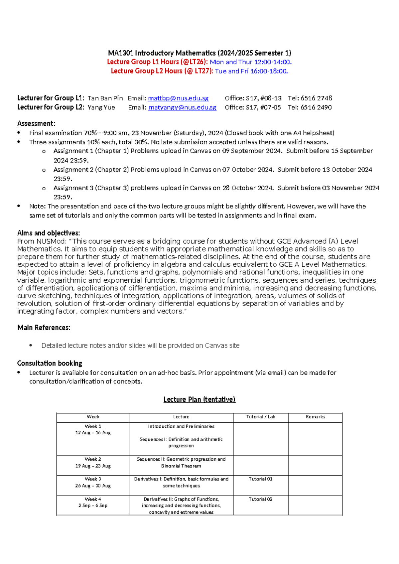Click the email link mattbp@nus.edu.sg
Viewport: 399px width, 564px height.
coord(178,98)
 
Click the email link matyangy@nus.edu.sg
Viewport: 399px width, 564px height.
coord(182,107)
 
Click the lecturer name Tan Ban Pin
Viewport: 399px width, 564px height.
coord(105,98)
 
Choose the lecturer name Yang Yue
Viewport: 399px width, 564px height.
coord(101,107)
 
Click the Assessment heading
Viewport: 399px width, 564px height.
coord(36,123)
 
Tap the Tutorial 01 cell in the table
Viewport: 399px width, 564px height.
coord(260,479)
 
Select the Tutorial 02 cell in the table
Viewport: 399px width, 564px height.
coord(260,499)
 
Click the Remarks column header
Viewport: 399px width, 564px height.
coord(315,417)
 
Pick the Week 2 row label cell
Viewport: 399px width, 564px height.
coord(93,463)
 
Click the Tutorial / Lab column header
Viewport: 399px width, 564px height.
coord(261,417)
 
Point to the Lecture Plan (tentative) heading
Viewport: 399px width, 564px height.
coord(199,399)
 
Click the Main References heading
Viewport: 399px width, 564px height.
coord(44,328)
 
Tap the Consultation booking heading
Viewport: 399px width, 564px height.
coord(50,363)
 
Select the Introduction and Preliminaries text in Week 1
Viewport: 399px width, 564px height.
coord(181,426)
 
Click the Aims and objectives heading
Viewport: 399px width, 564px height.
coord(49,233)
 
